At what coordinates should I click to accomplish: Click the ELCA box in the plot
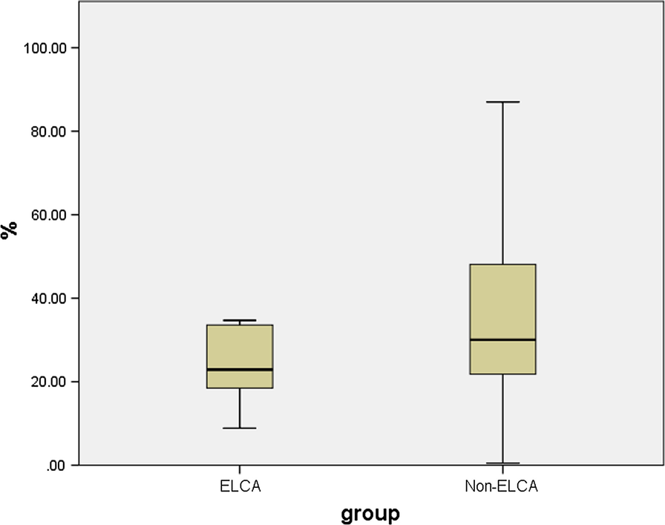(x=240, y=349)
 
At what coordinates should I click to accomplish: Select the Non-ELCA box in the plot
(x=502, y=304)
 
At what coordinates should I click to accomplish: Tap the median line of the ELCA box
(x=240, y=369)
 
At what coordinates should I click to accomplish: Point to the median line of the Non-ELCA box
(x=502, y=339)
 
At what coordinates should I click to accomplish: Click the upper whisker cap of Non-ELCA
(x=502, y=102)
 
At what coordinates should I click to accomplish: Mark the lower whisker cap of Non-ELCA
(x=502, y=463)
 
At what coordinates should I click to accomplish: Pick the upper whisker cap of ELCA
(x=240, y=321)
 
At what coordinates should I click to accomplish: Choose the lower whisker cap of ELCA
(x=240, y=428)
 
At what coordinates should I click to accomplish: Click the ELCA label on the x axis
(x=240, y=487)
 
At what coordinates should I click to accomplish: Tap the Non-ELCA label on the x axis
(x=502, y=487)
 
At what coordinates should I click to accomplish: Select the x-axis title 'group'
(x=370, y=512)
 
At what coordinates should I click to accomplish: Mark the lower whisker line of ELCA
(x=240, y=408)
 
